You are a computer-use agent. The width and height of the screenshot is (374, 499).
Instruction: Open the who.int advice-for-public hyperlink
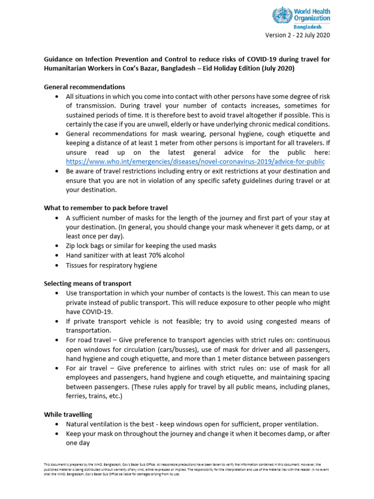[195, 161]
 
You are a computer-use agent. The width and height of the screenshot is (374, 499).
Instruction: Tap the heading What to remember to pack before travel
[106, 208]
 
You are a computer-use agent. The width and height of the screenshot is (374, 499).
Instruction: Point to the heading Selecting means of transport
[88, 283]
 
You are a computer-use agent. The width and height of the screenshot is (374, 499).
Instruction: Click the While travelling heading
[68, 414]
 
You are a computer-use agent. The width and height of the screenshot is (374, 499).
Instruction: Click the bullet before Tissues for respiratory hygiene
[57, 266]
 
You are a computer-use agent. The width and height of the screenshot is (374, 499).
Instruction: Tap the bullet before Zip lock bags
[57, 246]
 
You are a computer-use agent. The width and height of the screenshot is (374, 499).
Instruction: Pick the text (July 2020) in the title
[278, 69]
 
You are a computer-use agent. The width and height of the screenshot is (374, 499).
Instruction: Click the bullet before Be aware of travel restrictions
[57, 172]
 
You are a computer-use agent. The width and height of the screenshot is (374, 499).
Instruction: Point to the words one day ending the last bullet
[78, 443]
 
